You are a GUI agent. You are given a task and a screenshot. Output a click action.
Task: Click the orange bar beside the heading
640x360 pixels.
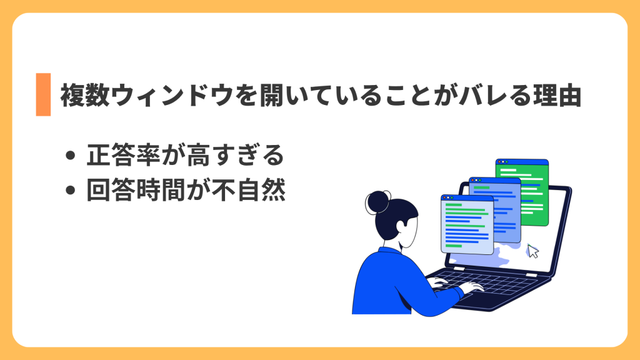coord(43,94)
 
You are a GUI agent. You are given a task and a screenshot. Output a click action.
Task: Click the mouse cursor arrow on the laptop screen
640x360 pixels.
coord(532,251)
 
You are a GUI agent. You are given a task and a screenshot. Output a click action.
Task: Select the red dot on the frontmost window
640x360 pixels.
coord(445,197)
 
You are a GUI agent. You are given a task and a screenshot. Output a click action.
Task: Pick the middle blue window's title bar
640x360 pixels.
coord(494,181)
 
